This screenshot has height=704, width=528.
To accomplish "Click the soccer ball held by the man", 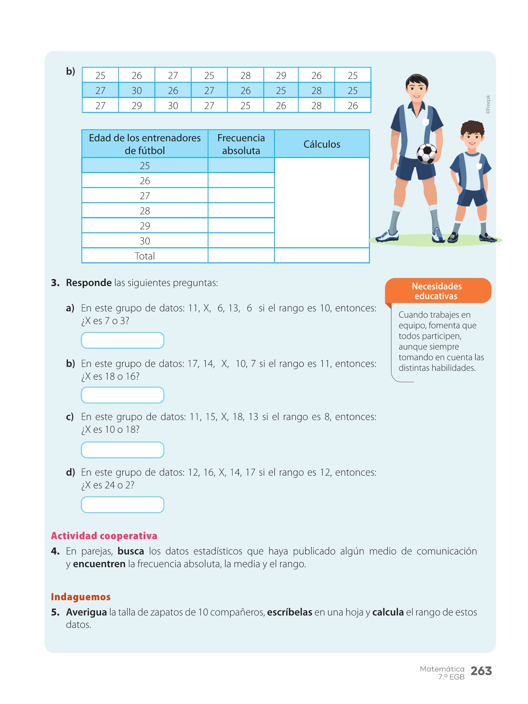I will tap(427, 153).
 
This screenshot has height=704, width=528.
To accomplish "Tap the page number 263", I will tap(481, 671).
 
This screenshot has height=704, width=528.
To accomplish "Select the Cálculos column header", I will tap(322, 144).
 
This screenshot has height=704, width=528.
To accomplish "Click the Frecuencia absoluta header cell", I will tap(241, 144).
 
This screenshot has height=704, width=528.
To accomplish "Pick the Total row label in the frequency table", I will tap(145, 256).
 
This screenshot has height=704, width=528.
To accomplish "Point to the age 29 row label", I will tap(145, 226).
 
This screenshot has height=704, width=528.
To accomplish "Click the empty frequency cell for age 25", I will tap(241, 165).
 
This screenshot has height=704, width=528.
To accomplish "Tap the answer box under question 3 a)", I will tap(122, 340).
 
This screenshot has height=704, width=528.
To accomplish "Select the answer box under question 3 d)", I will tap(122, 505).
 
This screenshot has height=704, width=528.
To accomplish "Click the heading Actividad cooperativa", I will tap(104, 536).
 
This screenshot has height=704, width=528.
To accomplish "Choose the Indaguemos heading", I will tap(81, 597).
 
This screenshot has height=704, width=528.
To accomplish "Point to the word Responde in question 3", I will tap(89, 283).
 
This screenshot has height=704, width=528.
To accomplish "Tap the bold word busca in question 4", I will tap(131, 551).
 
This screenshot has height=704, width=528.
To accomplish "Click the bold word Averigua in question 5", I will tap(87, 612).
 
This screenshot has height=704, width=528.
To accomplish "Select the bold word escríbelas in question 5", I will tap(289, 612).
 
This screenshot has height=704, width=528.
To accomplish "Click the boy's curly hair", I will tap(473, 127).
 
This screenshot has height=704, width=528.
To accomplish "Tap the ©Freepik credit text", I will tap(488, 104).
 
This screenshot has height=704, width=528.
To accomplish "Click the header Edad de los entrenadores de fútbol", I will tap(145, 144).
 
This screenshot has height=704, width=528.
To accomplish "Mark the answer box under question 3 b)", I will tap(122, 395).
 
